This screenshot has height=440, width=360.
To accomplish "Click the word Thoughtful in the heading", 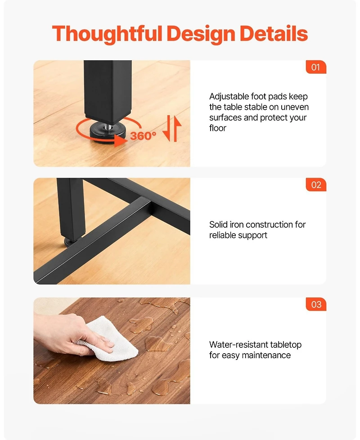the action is [107, 34].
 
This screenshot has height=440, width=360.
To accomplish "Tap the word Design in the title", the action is [201, 34].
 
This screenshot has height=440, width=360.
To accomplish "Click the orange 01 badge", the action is [316, 67].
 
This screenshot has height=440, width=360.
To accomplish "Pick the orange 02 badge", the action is [316, 184].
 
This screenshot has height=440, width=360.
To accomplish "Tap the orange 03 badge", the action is [316, 304].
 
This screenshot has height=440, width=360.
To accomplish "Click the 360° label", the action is [143, 136].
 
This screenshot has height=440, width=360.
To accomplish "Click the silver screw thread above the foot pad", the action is [108, 127].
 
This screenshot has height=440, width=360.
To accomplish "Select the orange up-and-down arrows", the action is [172, 128].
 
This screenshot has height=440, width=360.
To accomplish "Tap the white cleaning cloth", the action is [111, 339].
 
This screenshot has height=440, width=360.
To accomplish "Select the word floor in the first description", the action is [218, 128].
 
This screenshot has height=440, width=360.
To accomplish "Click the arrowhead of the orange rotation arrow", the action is [121, 140].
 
